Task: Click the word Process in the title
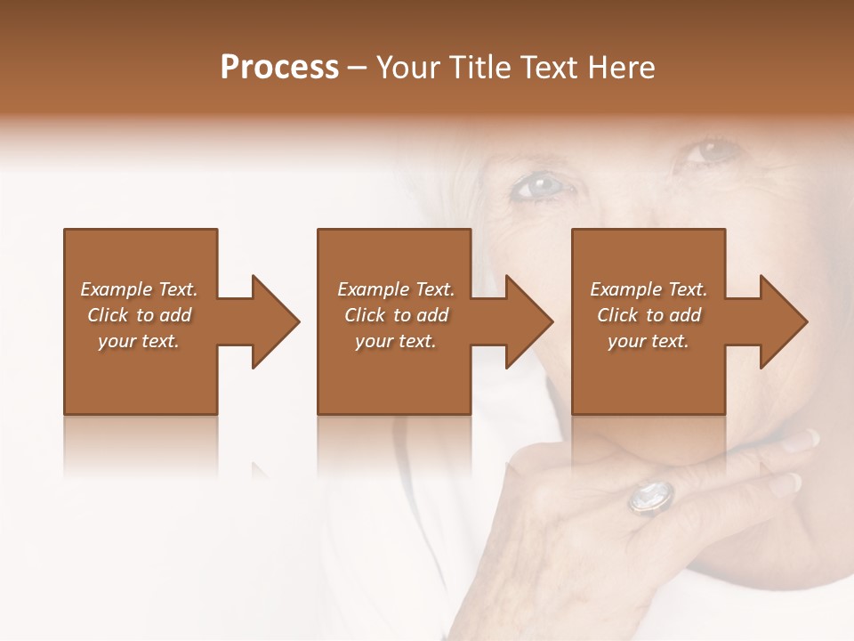pos(279,68)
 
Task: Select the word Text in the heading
pos(550,68)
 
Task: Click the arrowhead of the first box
pos(275,321)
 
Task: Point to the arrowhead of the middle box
pos(528,321)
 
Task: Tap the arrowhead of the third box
pos(783,321)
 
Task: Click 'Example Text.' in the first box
pos(139,289)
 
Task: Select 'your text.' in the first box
pos(139,341)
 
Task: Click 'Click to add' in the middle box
pos(396,315)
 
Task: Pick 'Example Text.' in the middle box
pos(396,289)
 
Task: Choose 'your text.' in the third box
pos(649,341)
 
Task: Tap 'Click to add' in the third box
pos(649,315)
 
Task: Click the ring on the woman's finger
pos(652,495)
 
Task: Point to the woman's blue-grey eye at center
pos(540,186)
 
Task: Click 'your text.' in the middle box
pos(396,341)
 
